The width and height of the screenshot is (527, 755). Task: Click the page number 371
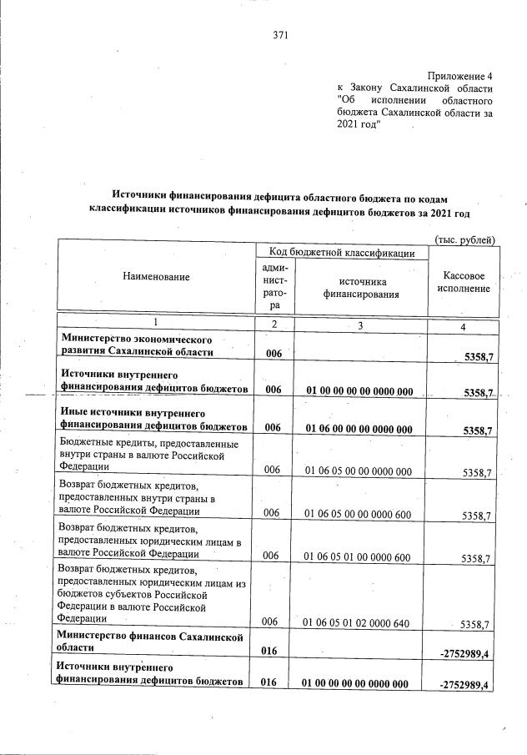pos(279,35)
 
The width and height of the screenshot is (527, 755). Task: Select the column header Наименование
pos(156,276)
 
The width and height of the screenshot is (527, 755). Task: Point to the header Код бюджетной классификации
pos(342,252)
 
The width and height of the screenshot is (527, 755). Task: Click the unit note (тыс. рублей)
pos(464,239)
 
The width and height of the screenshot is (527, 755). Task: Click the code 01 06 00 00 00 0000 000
pos(359,430)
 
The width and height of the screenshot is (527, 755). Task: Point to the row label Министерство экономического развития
pos(137,345)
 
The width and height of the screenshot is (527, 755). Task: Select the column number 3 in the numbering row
pos(359,325)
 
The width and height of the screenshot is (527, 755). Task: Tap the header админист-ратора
pos(274,286)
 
